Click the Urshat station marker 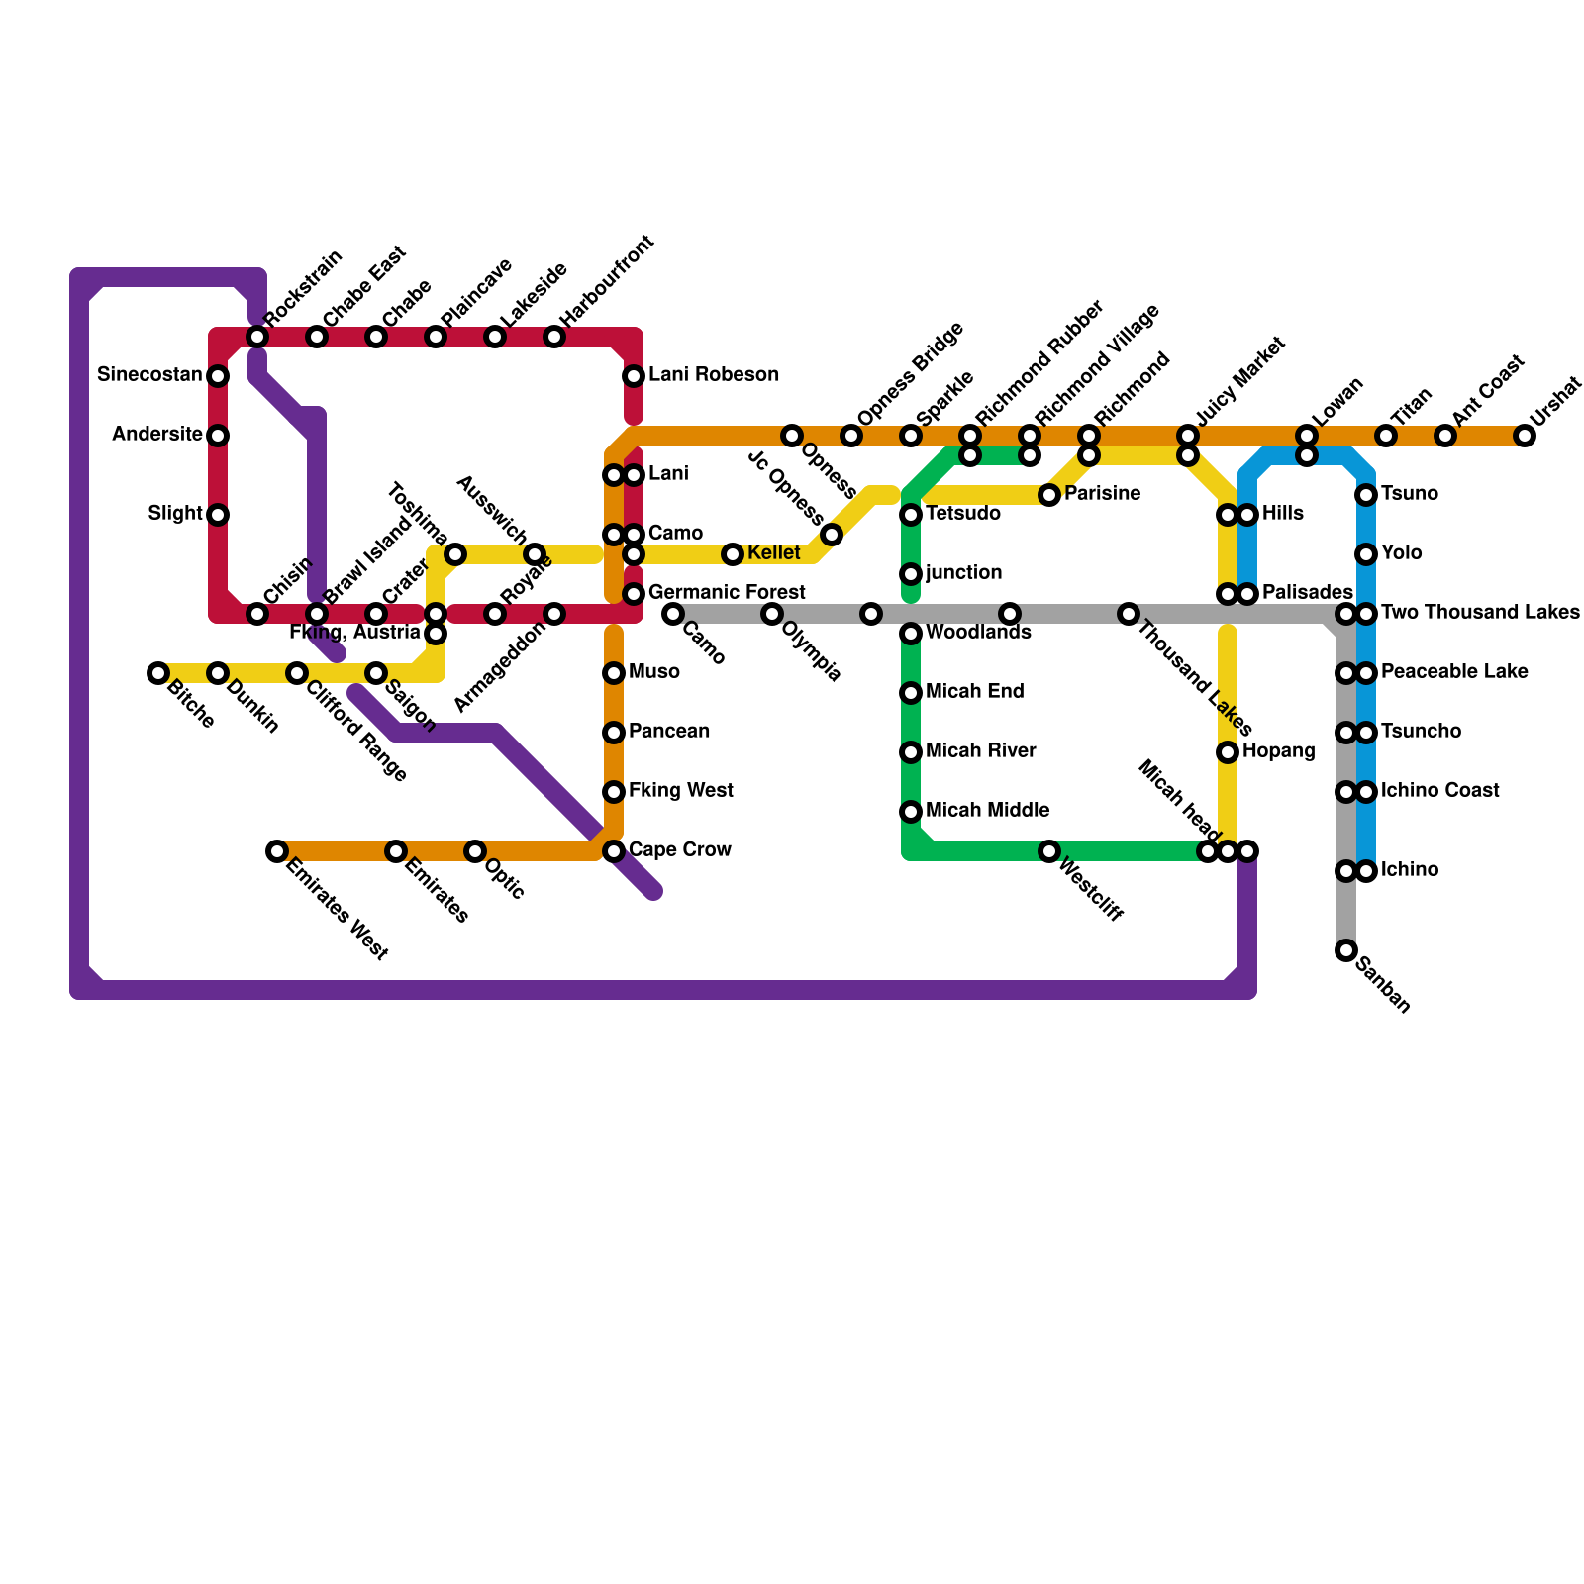[1525, 436]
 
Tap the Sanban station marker [1346, 950]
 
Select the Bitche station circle [158, 673]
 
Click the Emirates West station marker [277, 851]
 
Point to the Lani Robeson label [713, 375]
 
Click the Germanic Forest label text [727, 593]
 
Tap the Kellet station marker [733, 554]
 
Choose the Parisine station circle [1049, 494]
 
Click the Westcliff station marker [1049, 851]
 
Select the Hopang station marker [1228, 752]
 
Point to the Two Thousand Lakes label [1480, 613]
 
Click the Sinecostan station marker [218, 376]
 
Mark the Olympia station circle [772, 614]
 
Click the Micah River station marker [911, 752]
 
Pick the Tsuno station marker [1366, 494]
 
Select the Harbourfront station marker [554, 337]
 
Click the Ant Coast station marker [1445, 436]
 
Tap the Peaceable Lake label [1454, 672]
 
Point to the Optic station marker [475, 851]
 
